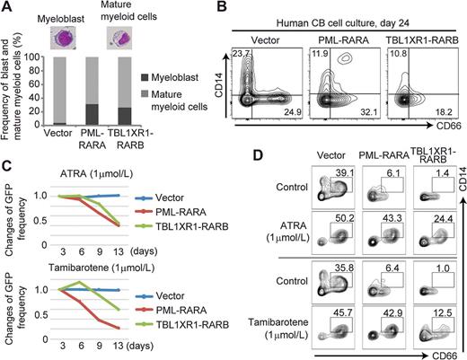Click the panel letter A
7,8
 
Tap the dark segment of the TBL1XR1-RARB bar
131,117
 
